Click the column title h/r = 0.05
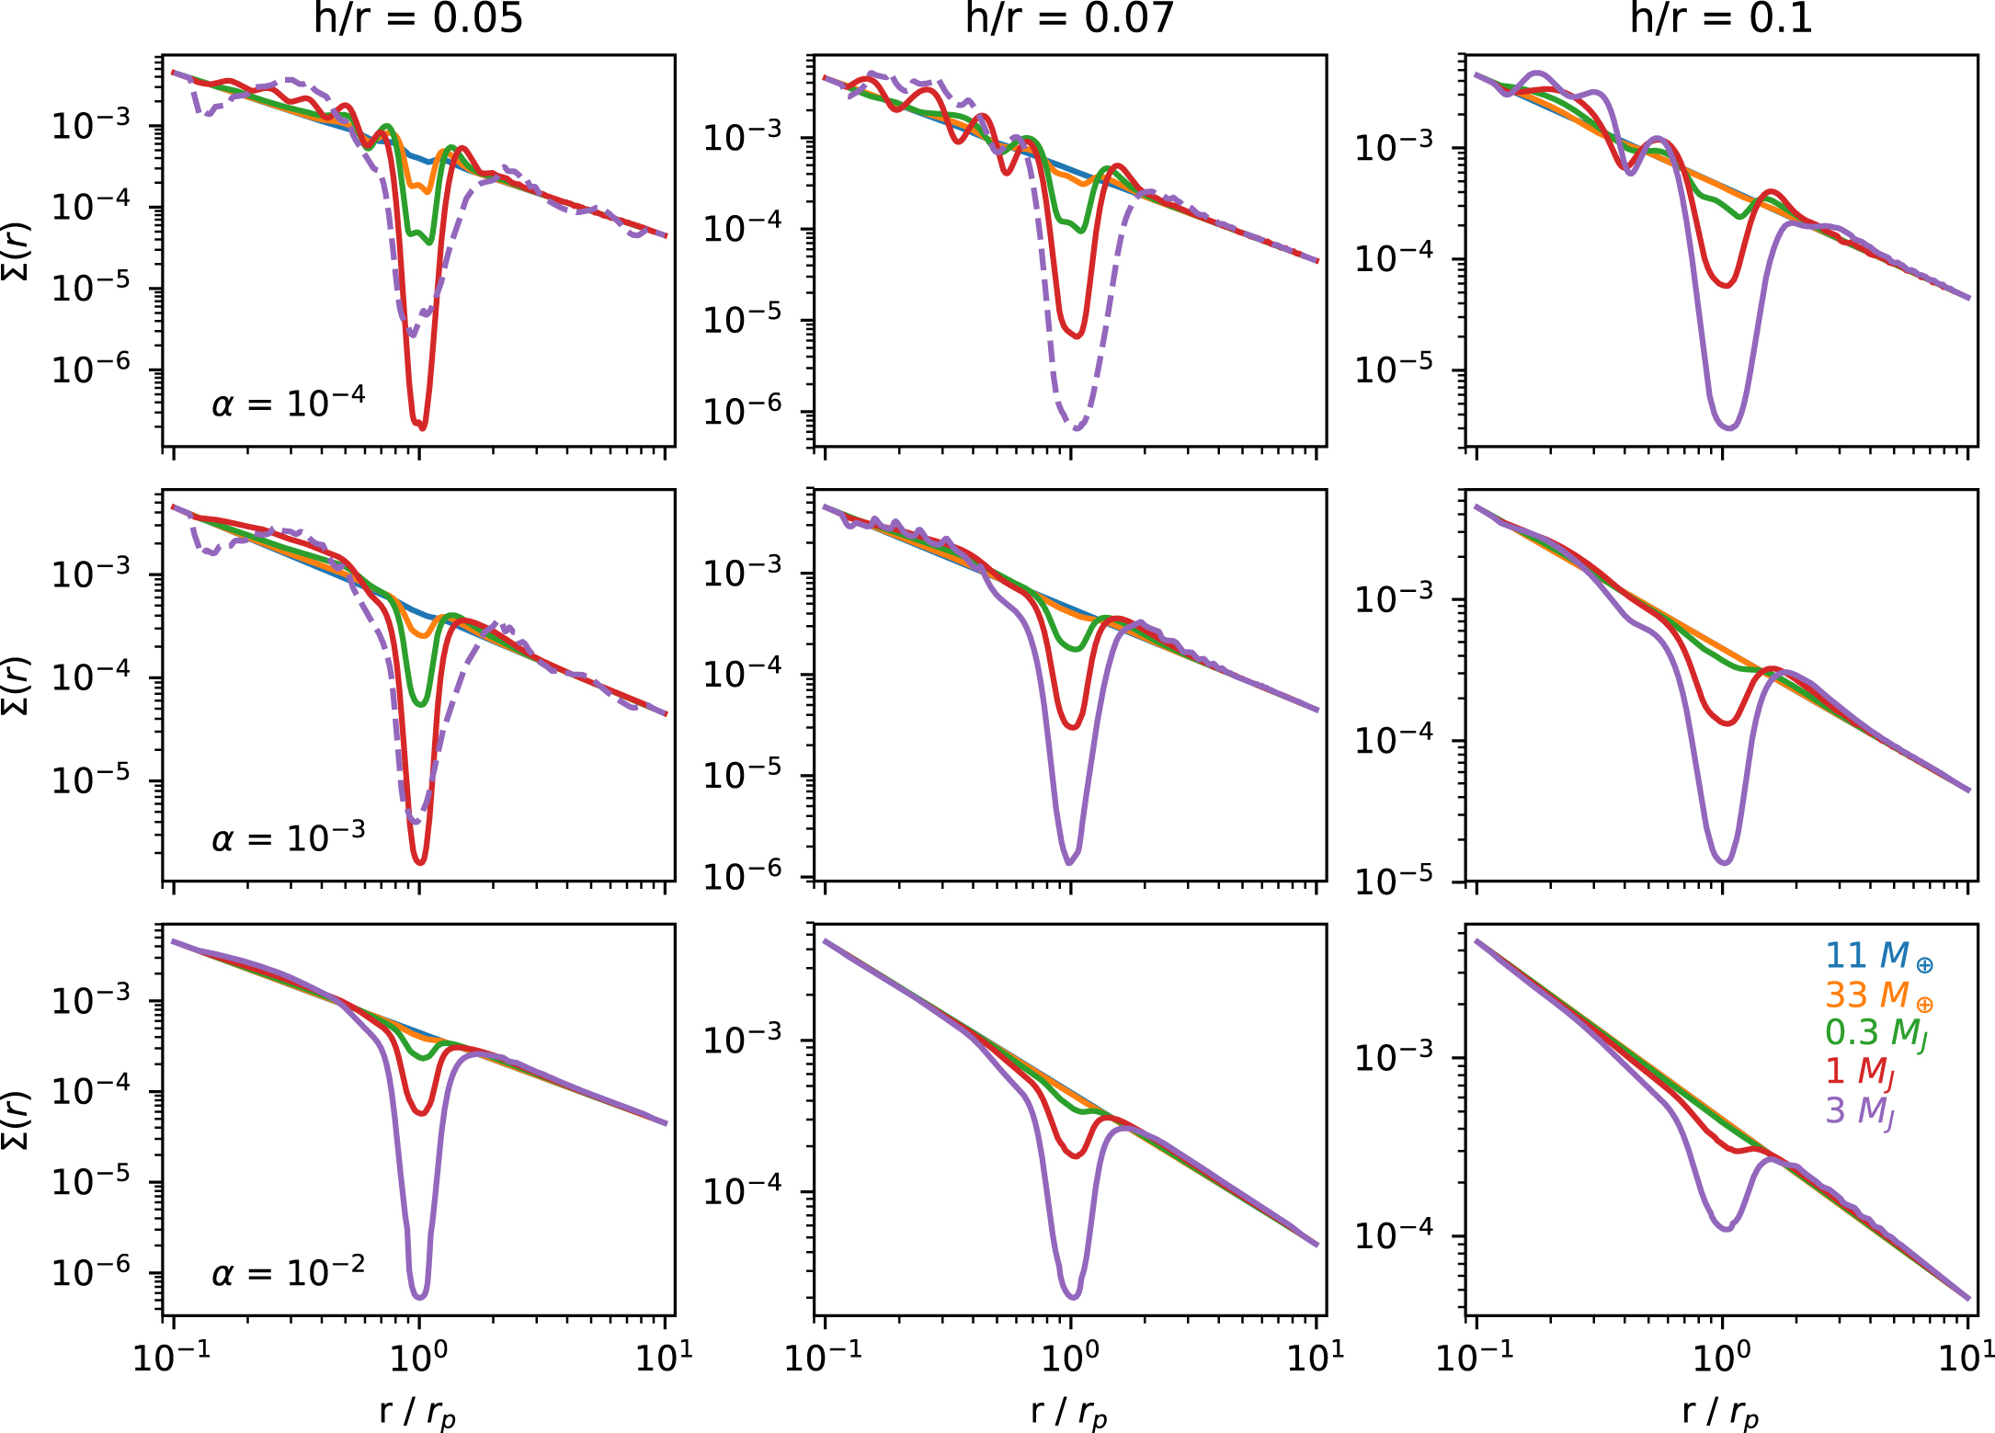click(x=418, y=18)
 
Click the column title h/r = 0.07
click(x=1069, y=18)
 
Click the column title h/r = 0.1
click(x=1721, y=18)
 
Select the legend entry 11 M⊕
click(x=1878, y=956)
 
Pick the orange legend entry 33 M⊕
click(x=1878, y=995)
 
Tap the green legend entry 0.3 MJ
click(x=1875, y=1033)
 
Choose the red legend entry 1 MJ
click(x=1859, y=1072)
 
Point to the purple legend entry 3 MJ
click(x=1859, y=1111)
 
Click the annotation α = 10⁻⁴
click(x=288, y=403)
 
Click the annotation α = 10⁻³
click(x=288, y=837)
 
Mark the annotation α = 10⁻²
click(x=288, y=1272)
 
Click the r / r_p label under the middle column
click(x=1069, y=1412)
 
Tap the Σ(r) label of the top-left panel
click(x=18, y=251)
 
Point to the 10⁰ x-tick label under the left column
click(x=419, y=1357)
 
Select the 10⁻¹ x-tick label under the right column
click(x=1474, y=1357)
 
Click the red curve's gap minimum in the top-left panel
click(x=420, y=425)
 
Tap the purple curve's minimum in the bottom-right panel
click(x=1727, y=1228)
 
